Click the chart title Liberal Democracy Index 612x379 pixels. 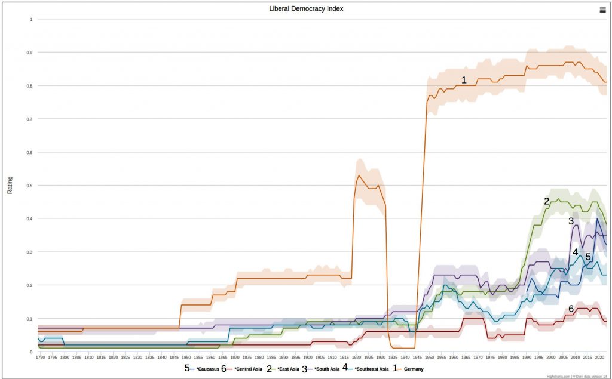tap(306, 9)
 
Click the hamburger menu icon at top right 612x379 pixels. tap(602, 9)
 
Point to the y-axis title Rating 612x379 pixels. tap(10, 185)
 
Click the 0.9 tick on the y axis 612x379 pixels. tap(30, 53)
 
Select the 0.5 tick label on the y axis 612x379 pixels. tap(30, 186)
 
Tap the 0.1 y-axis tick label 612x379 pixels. tap(30, 319)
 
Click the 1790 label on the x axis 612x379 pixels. tap(40, 357)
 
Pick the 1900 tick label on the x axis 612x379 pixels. tap(307, 357)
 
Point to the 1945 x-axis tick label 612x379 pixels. tap(417, 357)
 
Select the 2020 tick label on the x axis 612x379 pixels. tap(599, 357)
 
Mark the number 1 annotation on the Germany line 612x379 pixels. tap(463, 80)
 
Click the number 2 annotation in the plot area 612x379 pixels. tap(546, 202)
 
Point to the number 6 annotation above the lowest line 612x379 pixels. tap(571, 309)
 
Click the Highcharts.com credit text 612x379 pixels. tap(558, 376)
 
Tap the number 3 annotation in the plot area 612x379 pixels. tap(571, 221)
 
